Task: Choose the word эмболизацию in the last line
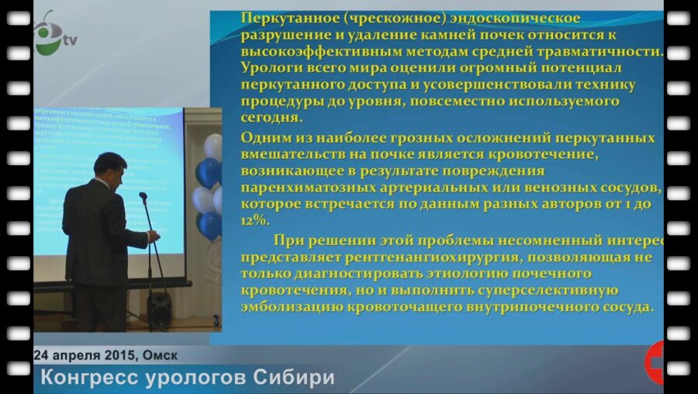(x=291, y=308)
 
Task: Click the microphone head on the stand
(x=143, y=198)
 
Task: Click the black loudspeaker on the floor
(x=160, y=309)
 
